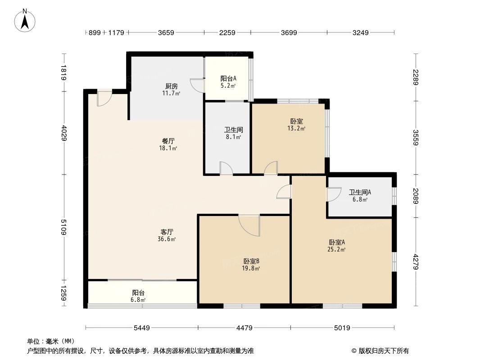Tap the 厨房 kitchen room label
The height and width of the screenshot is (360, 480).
coord(171,86)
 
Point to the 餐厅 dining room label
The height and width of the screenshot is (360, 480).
coord(168,140)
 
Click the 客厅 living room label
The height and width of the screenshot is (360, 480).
coord(168,232)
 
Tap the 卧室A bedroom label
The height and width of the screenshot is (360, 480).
coord(336,242)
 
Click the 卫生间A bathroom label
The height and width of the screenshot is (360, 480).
coord(360,192)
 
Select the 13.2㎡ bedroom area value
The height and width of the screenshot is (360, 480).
coord(296,129)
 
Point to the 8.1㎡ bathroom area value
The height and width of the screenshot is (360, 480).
coord(233,137)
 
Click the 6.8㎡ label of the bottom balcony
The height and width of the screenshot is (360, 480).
coord(138,300)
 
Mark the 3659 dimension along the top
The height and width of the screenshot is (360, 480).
coord(166,32)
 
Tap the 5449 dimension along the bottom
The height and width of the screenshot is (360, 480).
coord(142,328)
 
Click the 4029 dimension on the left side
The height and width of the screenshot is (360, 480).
coord(63,133)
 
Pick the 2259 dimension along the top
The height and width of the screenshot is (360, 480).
coord(227,32)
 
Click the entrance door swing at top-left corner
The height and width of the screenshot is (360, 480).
coord(104,99)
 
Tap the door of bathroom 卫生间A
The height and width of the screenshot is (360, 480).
coord(333,194)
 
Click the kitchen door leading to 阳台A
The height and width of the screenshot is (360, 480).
coord(197,85)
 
